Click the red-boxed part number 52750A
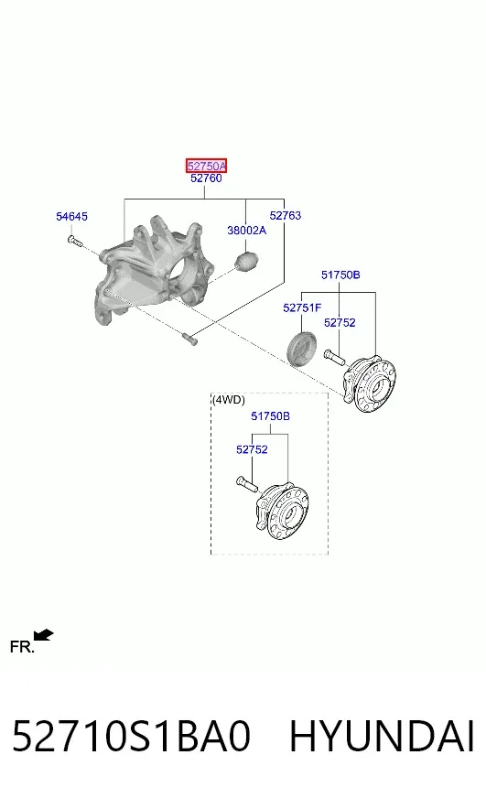(206, 166)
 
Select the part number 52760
(206, 178)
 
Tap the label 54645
(71, 216)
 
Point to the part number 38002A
(246, 230)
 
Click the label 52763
(286, 215)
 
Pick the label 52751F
(302, 307)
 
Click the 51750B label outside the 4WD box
(340, 275)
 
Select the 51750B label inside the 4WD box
(270, 416)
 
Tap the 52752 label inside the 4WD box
(252, 449)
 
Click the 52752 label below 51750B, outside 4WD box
(340, 323)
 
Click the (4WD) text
(229, 400)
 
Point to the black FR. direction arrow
(43, 635)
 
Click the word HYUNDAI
(382, 736)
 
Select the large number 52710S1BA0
(131, 736)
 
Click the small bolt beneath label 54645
(74, 242)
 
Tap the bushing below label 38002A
(247, 260)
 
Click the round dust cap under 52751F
(301, 348)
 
